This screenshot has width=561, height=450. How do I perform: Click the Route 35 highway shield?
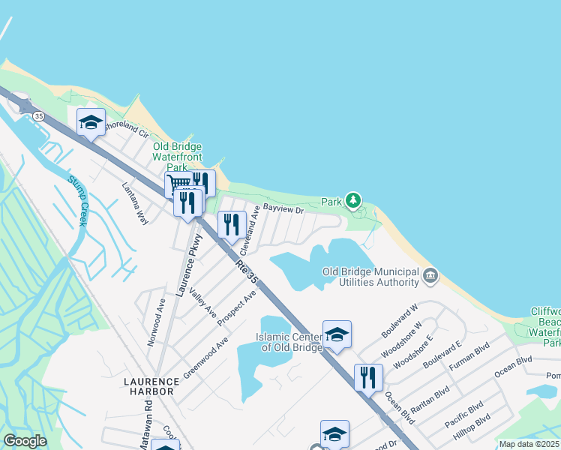[38, 116]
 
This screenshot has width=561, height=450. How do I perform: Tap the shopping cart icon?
[178, 184]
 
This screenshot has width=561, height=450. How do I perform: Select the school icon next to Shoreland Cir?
[91, 122]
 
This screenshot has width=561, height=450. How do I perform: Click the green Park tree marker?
[353, 201]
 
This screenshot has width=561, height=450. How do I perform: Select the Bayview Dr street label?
[283, 211]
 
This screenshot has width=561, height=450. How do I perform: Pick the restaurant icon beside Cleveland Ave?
[232, 224]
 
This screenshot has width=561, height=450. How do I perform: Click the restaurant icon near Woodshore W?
[367, 377]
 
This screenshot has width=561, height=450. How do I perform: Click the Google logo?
[25, 441]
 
